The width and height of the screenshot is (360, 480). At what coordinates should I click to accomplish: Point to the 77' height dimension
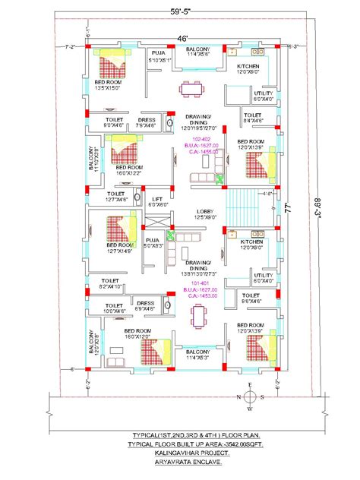tap(289, 207)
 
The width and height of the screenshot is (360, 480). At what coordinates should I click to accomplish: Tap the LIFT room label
tap(157, 201)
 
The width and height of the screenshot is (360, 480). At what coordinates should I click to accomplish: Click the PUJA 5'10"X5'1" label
tap(159, 55)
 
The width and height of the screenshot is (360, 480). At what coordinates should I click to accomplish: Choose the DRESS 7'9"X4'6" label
tap(147, 122)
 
